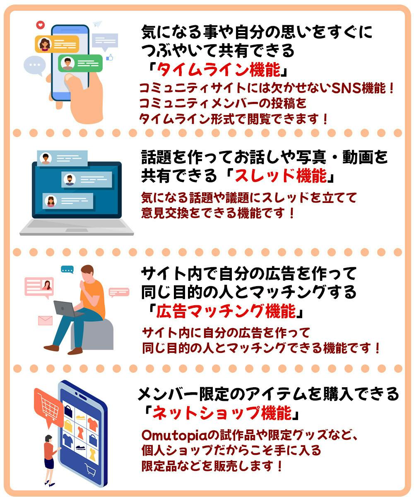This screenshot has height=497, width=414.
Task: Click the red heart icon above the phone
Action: [41, 25]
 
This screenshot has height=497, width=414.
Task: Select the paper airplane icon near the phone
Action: [97, 24]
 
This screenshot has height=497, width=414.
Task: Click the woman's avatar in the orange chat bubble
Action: [45, 44]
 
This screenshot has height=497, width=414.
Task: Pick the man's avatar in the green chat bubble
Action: [67, 63]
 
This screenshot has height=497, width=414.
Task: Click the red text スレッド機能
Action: [281, 176]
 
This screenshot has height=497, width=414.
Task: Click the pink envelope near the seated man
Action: [45, 321]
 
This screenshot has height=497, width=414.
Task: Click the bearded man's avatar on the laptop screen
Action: [70, 180]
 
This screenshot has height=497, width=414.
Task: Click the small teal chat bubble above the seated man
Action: [67, 270]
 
